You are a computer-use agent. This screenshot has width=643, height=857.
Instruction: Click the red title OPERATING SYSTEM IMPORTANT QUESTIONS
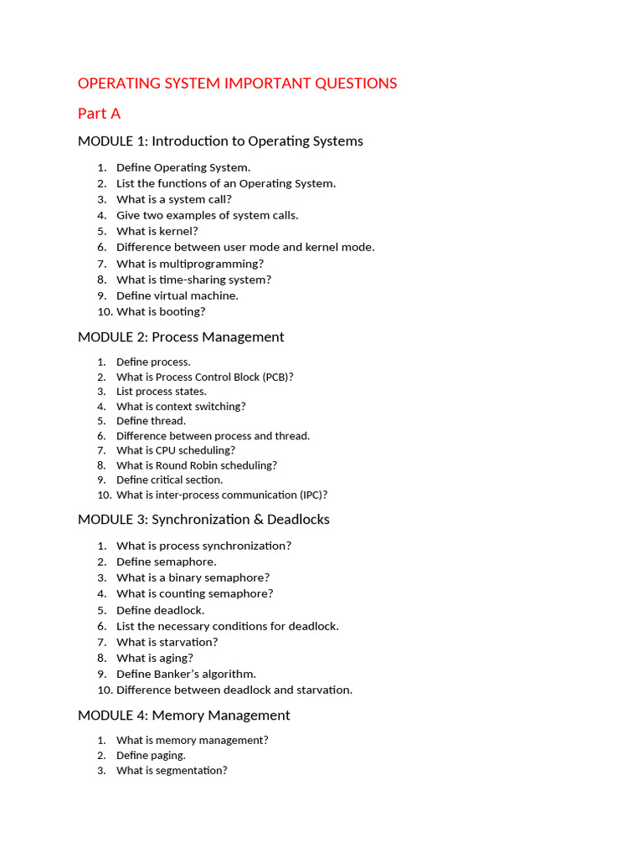click(237, 84)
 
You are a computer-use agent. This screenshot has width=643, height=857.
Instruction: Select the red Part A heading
click(99, 113)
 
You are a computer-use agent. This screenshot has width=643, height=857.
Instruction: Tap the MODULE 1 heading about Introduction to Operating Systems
click(220, 141)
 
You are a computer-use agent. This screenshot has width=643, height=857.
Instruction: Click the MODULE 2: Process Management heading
click(181, 336)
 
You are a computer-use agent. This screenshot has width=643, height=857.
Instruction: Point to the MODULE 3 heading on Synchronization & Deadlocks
click(203, 519)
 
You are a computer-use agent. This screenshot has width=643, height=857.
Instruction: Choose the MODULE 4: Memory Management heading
click(183, 715)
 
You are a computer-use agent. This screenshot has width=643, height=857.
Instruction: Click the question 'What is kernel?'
click(157, 231)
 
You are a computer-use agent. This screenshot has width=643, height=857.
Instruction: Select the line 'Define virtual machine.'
click(177, 295)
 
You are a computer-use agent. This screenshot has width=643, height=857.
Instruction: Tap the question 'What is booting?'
click(161, 311)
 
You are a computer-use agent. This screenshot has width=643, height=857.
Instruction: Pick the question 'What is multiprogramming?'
click(190, 264)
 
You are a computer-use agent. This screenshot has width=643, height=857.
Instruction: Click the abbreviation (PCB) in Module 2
click(277, 377)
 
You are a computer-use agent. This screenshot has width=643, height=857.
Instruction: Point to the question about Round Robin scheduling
click(196, 465)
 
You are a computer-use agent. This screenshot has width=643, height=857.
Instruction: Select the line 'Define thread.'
click(151, 421)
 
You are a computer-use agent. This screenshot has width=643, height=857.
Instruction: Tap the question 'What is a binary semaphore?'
click(193, 577)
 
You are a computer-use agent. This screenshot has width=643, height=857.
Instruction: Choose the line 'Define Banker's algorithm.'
click(186, 674)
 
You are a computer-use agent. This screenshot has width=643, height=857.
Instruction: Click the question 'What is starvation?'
click(167, 642)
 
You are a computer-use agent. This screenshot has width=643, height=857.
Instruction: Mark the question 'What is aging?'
click(155, 658)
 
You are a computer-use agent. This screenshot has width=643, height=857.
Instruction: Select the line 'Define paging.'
click(151, 755)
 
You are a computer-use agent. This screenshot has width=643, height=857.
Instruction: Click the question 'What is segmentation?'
click(172, 770)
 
